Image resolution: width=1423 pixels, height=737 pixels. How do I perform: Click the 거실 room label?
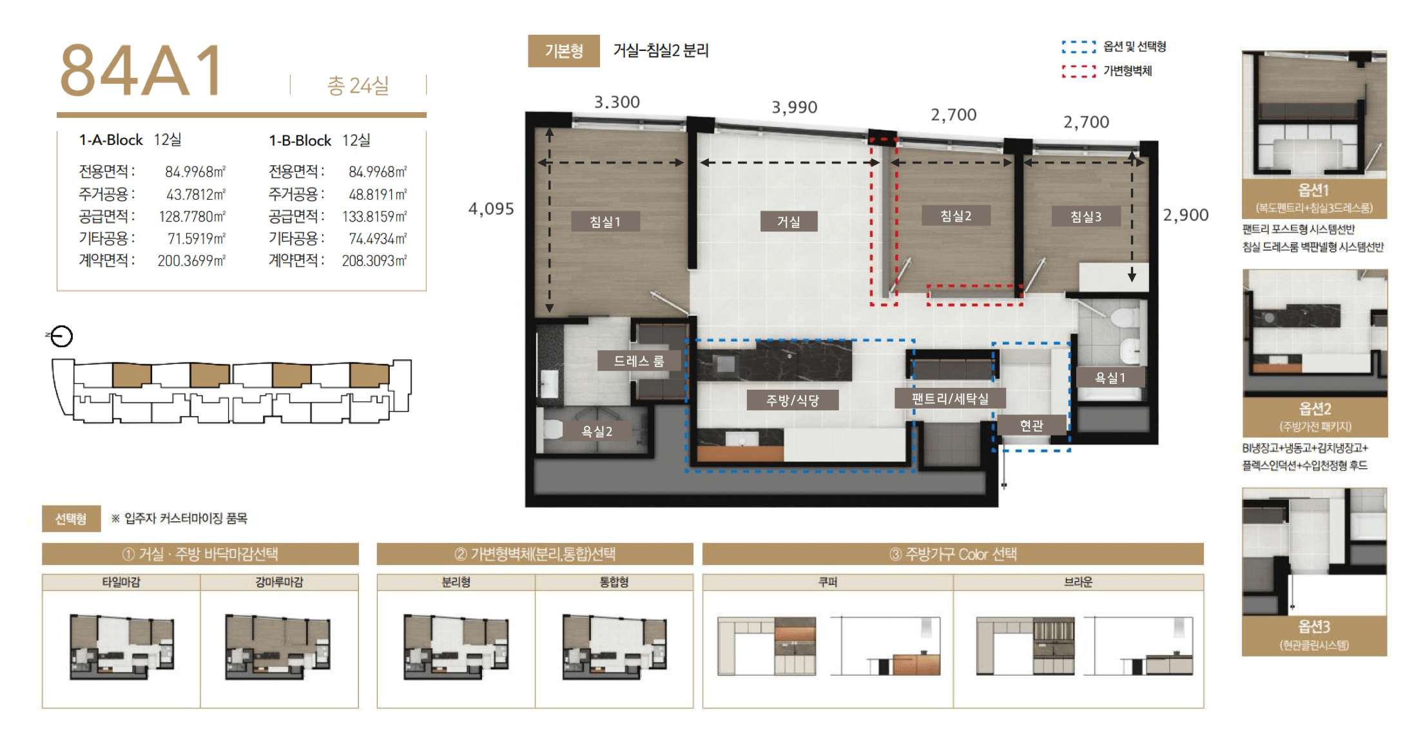point(789,221)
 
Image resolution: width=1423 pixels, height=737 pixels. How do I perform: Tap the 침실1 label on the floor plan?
point(605,222)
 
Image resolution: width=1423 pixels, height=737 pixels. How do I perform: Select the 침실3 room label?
point(1086,216)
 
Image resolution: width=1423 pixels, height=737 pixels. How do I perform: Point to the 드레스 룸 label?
point(639,361)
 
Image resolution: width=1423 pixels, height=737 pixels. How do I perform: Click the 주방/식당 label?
point(793,400)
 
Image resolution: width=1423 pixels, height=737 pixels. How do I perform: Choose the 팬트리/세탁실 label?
point(950,399)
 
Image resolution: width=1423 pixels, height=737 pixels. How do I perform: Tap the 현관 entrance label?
point(1031,425)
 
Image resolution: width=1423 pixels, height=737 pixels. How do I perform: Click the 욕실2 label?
point(597,431)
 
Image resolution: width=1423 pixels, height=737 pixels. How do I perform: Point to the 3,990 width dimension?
point(795,107)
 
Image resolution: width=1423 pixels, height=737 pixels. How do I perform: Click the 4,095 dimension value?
point(491,209)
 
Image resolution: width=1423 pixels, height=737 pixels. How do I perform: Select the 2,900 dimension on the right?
point(1186,215)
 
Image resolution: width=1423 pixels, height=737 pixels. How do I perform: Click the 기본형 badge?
point(564,51)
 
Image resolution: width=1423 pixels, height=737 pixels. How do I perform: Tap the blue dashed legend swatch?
point(1079,46)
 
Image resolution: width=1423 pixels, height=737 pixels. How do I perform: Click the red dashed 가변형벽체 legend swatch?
point(1079,71)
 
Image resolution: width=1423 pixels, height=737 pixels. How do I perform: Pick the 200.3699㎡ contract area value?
point(192,260)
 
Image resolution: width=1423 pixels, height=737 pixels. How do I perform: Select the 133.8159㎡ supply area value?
point(374,216)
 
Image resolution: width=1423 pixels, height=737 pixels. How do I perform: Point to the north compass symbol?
point(61,336)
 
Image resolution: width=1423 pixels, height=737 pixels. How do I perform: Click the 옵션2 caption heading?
point(1315,408)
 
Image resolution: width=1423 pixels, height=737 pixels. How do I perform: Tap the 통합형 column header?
point(614,582)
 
